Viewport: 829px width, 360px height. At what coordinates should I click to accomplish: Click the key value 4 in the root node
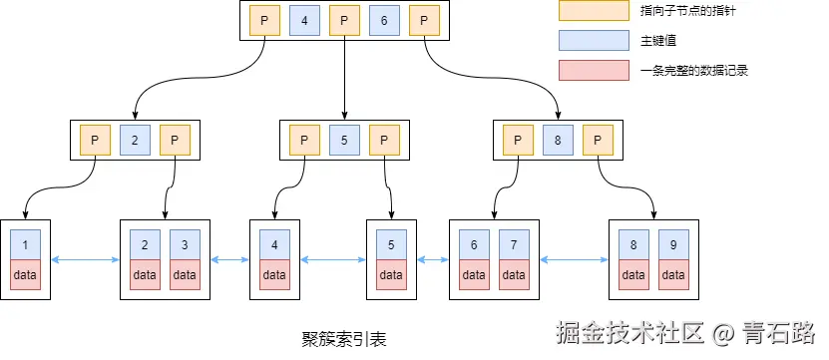[303, 20]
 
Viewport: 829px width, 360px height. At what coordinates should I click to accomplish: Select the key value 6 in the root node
[383, 20]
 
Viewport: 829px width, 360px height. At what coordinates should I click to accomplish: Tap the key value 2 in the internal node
[135, 141]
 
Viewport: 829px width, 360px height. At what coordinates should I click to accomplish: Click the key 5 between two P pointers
[344, 141]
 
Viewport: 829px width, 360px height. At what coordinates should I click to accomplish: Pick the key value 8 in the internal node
[558, 141]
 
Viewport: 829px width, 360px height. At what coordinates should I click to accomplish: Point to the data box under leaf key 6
[474, 274]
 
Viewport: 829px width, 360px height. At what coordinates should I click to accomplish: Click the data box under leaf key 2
[145, 274]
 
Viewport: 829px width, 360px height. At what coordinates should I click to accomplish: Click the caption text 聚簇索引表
[343, 339]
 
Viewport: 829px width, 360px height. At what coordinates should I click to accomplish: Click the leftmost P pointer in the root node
[263, 20]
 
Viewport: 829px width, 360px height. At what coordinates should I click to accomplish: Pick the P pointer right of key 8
[598, 141]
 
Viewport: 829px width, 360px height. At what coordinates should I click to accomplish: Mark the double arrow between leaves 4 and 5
[333, 261]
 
